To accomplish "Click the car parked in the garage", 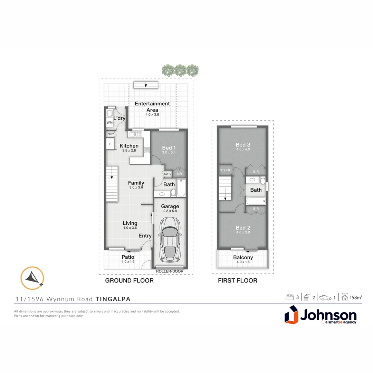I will (170, 239).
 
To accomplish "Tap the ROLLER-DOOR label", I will (169, 271).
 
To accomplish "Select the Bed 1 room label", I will (169, 148).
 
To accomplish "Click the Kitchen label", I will (129, 146).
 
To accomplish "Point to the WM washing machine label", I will (109, 123).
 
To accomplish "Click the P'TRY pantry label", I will (110, 134).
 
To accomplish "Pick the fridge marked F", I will (110, 144).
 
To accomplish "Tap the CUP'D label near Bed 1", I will (168, 174).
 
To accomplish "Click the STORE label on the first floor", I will (226, 170).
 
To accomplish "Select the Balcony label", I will (243, 257).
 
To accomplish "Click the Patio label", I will (128, 257).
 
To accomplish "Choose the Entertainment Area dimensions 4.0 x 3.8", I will (152, 115).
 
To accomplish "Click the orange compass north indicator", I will (32, 278).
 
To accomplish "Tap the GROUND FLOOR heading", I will (129, 281).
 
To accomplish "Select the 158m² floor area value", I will (356, 297).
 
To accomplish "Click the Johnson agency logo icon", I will (292, 314).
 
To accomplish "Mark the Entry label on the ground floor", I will (145, 236).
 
